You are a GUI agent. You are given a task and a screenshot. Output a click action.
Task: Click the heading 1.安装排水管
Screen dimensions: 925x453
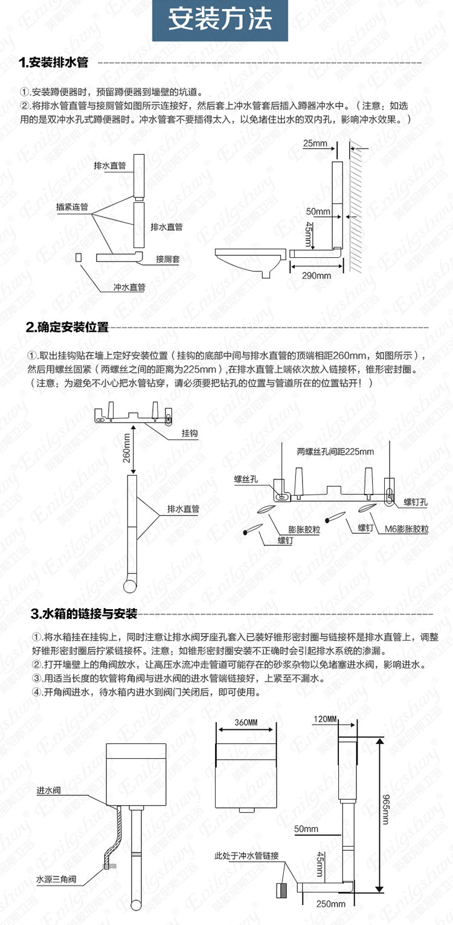[x=54, y=63]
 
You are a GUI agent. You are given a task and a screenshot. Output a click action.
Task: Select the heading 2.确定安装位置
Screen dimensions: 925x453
[x=67, y=327]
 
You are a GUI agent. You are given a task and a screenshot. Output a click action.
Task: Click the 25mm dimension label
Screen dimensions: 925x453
[x=315, y=143]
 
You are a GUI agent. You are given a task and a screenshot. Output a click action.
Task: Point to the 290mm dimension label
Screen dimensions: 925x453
[x=316, y=275]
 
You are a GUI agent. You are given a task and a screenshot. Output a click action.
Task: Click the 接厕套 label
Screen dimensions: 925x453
[x=167, y=259]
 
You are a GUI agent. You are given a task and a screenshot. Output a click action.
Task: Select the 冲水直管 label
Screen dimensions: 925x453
[x=129, y=287]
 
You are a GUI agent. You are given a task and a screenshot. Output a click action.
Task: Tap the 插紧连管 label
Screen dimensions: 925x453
[x=72, y=206]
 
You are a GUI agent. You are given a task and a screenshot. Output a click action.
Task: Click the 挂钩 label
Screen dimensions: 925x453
[x=190, y=434]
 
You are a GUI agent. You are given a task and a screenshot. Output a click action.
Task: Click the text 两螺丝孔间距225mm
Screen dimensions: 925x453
[x=335, y=451]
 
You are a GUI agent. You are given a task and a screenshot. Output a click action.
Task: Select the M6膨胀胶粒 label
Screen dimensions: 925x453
[x=406, y=529]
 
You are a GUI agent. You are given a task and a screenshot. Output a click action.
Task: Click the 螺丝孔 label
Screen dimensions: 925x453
[x=246, y=479]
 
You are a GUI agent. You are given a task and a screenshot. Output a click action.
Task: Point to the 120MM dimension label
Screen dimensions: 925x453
[x=326, y=719]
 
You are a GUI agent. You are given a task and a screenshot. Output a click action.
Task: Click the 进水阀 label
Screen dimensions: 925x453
[x=49, y=790]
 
